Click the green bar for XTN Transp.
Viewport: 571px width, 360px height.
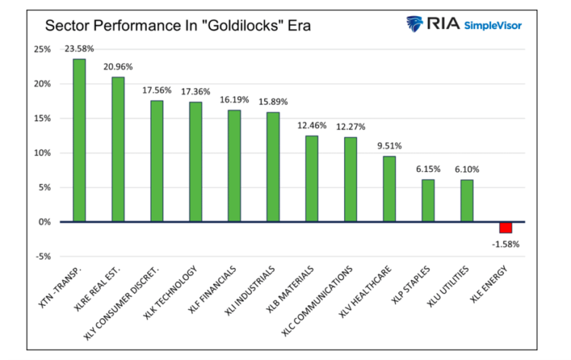pyautogui.click(x=79, y=140)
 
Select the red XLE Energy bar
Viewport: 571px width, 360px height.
pyautogui.click(x=506, y=228)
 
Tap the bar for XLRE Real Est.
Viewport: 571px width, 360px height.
pyautogui.click(x=118, y=149)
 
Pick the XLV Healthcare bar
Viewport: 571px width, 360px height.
pyautogui.click(x=389, y=189)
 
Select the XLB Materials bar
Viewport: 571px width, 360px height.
pyautogui.click(x=311, y=178)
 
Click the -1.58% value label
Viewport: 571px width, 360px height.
pyautogui.click(x=506, y=243)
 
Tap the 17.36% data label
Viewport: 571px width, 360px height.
pyautogui.click(x=196, y=91)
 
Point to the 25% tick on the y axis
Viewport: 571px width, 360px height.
pyautogui.click(x=42, y=49)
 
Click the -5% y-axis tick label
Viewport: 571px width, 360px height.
pyautogui.click(x=42, y=256)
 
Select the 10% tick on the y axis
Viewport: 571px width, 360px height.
pyautogui.click(x=42, y=153)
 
